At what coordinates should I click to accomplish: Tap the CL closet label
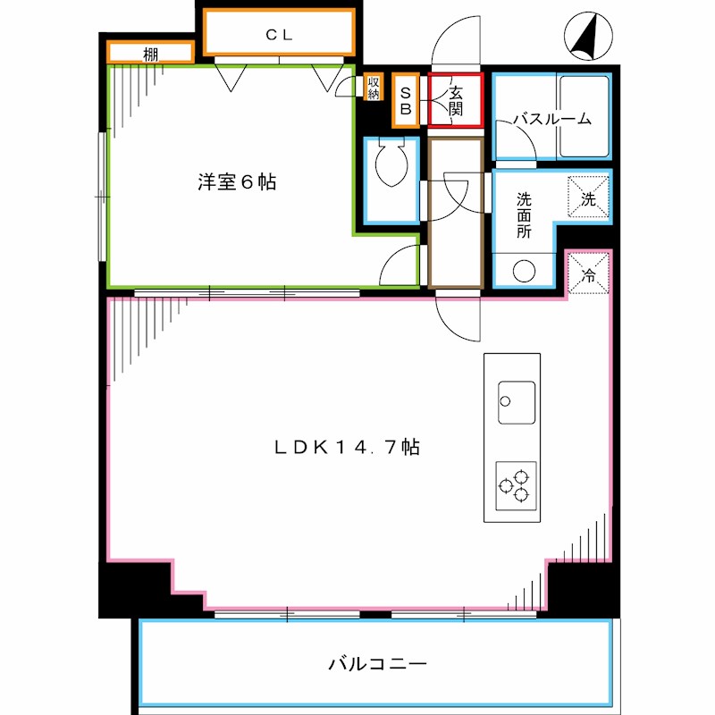point(279,35)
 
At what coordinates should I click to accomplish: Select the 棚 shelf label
point(151,54)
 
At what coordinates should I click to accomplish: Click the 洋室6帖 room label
point(236,182)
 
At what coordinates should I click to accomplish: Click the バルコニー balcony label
point(377,664)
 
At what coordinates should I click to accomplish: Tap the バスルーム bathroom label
point(551,119)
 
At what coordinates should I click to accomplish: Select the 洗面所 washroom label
point(524,214)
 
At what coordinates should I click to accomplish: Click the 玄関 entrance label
point(455,100)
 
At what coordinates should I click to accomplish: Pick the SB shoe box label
point(405,99)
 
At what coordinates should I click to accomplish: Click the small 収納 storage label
point(374,87)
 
